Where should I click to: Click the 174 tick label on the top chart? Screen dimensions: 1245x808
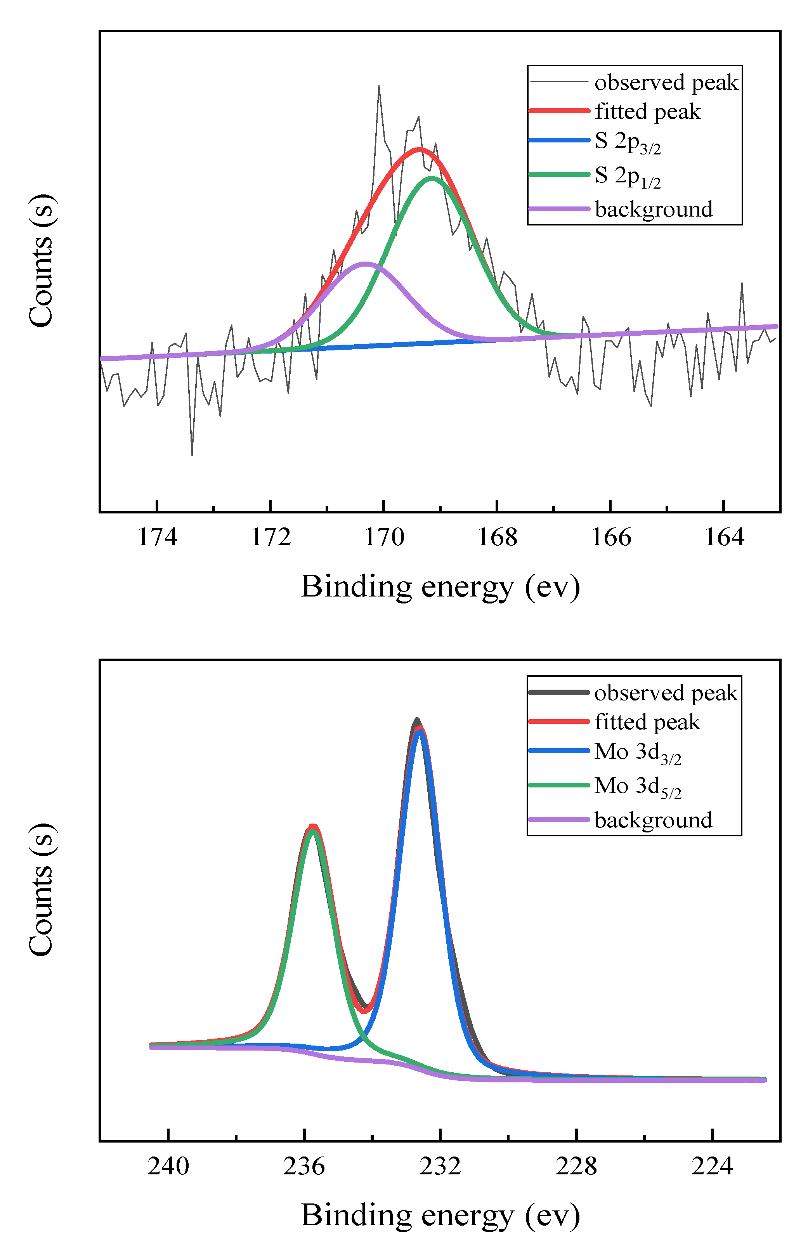(157, 537)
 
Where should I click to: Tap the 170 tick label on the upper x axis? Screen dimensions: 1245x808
(384, 537)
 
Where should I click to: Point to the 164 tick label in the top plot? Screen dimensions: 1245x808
(724, 537)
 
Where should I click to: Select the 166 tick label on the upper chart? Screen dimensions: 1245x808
(610, 537)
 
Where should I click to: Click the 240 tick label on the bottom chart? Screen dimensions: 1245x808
(168, 1166)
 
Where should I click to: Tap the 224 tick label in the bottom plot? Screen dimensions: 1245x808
(712, 1166)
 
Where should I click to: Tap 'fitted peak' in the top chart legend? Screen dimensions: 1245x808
(647, 111)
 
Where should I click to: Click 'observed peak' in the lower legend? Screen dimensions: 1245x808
(666, 693)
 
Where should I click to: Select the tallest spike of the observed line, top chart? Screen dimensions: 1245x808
(379, 86)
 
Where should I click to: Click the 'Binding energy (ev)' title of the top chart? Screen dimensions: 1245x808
(440, 586)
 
